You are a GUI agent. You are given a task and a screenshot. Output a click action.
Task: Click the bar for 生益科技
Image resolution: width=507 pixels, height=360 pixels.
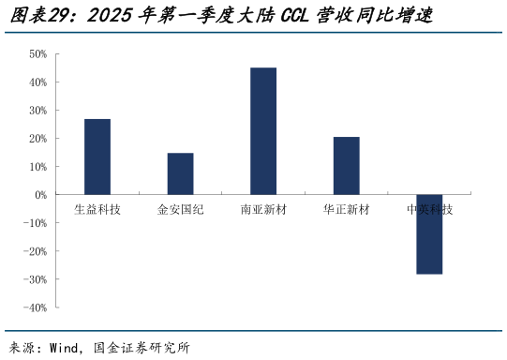(97, 157)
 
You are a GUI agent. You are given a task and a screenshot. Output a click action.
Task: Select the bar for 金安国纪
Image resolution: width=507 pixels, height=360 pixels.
(180, 173)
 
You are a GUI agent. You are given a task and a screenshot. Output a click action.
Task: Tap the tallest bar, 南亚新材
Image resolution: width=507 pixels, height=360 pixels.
(263, 131)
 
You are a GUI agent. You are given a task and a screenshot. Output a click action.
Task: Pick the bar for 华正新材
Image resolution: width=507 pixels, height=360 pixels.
(347, 166)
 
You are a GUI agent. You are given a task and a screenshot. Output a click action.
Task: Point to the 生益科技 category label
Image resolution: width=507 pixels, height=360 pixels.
(97, 209)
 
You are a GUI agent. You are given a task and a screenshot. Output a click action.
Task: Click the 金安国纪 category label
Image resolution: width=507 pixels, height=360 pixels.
(180, 209)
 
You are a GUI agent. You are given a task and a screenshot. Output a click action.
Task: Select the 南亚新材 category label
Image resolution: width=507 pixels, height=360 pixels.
(263, 209)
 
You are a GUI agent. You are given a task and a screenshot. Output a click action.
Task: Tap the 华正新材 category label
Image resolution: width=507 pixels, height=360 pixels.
(347, 209)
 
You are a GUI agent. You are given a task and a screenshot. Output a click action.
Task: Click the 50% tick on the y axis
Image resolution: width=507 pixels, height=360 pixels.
(37, 54)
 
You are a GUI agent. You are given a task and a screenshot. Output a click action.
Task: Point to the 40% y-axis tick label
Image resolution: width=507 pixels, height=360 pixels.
(37, 82)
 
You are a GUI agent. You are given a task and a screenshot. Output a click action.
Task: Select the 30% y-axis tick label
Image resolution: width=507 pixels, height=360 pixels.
(37, 111)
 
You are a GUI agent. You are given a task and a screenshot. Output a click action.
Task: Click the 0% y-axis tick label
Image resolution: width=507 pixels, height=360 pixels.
(40, 195)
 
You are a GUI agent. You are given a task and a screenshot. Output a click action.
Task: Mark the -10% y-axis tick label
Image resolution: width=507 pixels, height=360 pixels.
(36, 223)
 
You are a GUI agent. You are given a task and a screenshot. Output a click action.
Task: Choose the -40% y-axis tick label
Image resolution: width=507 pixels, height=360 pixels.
(36, 307)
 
